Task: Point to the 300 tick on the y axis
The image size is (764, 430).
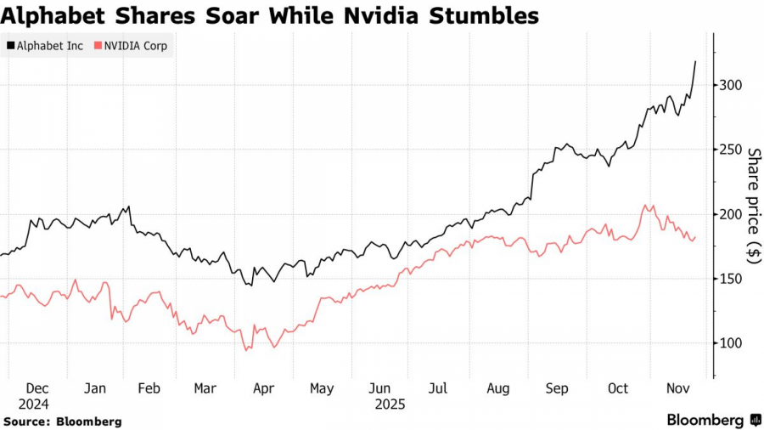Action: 731,85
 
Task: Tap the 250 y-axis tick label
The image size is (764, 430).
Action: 731,150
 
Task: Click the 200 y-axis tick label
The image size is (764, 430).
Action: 731,214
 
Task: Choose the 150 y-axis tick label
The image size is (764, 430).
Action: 731,279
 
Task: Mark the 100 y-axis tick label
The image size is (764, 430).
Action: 731,343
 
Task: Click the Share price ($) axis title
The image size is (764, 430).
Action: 752,202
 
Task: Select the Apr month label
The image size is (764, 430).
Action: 263,388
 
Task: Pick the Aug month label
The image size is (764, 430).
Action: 498,388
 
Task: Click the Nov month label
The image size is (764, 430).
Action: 677,388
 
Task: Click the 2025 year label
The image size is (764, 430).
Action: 390,405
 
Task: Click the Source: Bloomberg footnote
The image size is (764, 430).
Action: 63,422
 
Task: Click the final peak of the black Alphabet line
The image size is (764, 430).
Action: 696,61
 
